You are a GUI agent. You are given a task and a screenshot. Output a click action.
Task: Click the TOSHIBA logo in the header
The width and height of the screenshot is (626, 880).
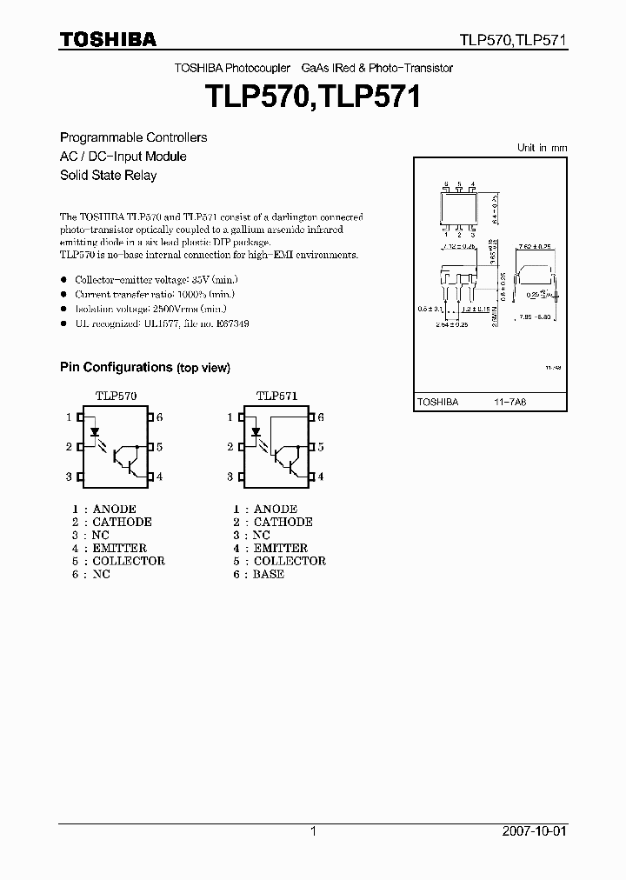tap(108, 39)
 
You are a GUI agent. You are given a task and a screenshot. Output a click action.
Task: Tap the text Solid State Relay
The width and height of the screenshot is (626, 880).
tap(108, 175)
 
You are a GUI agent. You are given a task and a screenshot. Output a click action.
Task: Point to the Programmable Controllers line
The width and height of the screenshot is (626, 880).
tap(133, 137)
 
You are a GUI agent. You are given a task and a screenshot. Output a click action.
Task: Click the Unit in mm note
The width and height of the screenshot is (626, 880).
tap(542, 148)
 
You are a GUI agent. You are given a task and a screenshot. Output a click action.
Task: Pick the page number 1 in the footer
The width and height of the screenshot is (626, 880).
tap(313, 831)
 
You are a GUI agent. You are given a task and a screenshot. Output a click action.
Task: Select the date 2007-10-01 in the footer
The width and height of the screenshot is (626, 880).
tap(532, 831)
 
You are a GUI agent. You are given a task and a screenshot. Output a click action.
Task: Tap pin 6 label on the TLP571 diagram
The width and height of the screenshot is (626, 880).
tap(320, 417)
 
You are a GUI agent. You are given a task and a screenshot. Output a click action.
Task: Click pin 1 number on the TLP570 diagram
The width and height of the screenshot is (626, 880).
tap(69, 417)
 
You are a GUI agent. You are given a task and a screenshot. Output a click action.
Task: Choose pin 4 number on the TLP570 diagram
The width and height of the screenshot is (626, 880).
tap(160, 477)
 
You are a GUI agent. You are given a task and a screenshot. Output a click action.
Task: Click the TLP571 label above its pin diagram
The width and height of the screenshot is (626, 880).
tap(276, 396)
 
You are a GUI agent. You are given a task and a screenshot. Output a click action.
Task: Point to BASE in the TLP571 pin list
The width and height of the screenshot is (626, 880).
tap(269, 574)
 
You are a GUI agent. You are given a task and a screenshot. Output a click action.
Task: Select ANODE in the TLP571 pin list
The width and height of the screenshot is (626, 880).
tap(275, 509)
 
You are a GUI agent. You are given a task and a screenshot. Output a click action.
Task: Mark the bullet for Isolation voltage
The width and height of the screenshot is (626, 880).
tap(63, 309)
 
